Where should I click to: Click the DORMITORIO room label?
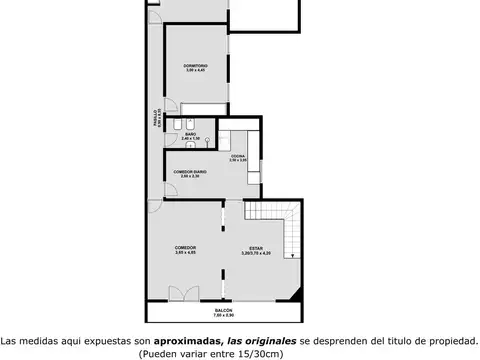click(x=195, y=66)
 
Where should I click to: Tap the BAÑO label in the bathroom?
click(x=190, y=133)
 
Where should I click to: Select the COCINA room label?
click(x=238, y=155)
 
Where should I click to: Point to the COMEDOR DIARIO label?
click(x=190, y=172)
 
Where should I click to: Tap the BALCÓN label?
click(x=224, y=311)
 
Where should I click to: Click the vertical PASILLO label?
click(x=155, y=120)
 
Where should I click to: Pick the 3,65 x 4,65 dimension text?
click(x=184, y=253)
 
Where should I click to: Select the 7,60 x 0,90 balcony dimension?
click(x=224, y=317)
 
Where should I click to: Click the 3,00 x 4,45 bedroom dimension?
click(x=195, y=71)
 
